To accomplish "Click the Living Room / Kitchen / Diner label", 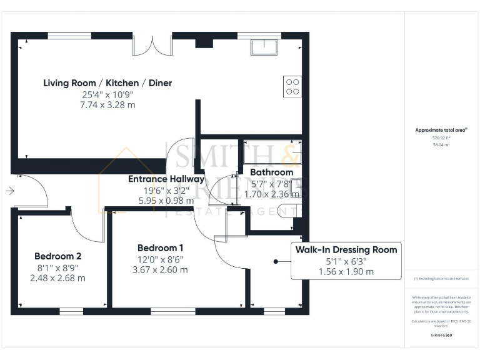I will click(x=107, y=82).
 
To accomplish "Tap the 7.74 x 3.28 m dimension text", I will click(x=107, y=105).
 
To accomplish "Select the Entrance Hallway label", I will click(x=166, y=179).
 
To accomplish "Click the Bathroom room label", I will click(x=271, y=172).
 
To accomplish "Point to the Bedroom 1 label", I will click(x=160, y=247).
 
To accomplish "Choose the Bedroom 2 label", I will click(x=57, y=256).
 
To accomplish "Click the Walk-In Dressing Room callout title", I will click(x=346, y=249).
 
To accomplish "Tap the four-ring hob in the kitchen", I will click(x=292, y=86).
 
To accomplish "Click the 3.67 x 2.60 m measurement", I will click(x=160, y=270).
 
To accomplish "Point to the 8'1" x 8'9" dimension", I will click(x=57, y=267).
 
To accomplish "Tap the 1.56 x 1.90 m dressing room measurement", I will click(x=346, y=271).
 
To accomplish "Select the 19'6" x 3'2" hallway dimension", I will click(x=166, y=190).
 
